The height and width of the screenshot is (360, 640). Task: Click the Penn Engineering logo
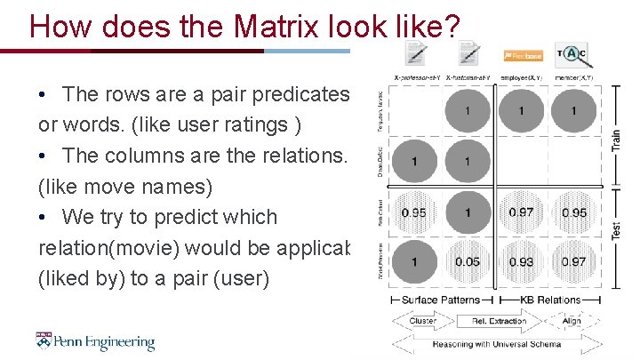(x=95, y=342)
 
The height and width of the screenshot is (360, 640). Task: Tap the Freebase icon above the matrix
(x=523, y=56)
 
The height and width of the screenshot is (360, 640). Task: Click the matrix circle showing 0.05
(x=468, y=261)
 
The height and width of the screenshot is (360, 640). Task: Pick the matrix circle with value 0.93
(x=521, y=261)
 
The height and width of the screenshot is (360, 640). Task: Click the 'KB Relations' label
(x=550, y=300)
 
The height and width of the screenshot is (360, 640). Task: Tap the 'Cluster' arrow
(x=422, y=321)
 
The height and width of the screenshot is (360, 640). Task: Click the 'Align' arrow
(x=571, y=321)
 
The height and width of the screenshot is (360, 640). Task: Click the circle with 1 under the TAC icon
(x=573, y=111)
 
